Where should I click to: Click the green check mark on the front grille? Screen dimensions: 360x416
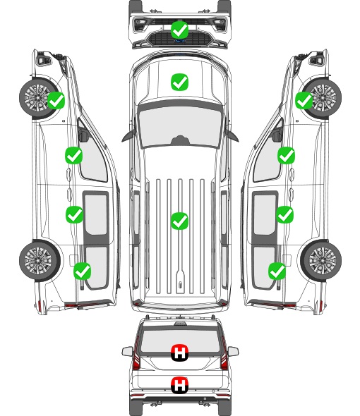[x=179, y=30]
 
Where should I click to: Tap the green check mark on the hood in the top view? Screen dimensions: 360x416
[x=179, y=82]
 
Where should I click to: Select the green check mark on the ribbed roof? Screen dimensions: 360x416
[x=179, y=221]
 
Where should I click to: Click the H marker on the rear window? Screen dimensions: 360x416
[x=179, y=353]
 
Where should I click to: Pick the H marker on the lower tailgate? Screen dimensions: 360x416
[x=179, y=385]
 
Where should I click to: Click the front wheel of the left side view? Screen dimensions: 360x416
[x=39, y=97]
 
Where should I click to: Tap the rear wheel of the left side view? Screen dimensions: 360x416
[x=39, y=261]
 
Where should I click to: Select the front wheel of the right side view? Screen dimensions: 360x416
[x=322, y=97]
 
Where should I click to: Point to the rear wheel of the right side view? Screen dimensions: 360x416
[x=321, y=261]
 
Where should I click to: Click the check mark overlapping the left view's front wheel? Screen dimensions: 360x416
[x=56, y=100]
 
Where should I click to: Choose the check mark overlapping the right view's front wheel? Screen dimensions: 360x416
[x=304, y=100]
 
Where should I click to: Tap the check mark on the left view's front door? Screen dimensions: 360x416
[x=74, y=155]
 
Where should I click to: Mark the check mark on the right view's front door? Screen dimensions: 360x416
[x=286, y=155]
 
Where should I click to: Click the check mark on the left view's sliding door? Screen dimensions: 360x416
[x=74, y=214]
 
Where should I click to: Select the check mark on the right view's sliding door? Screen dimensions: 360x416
[x=285, y=214]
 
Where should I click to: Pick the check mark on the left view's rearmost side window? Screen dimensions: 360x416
[x=83, y=271]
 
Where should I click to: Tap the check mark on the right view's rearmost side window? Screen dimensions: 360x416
[x=277, y=271]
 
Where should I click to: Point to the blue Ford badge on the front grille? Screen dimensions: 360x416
[x=180, y=41]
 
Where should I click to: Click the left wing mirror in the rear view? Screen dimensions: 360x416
[x=127, y=352]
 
